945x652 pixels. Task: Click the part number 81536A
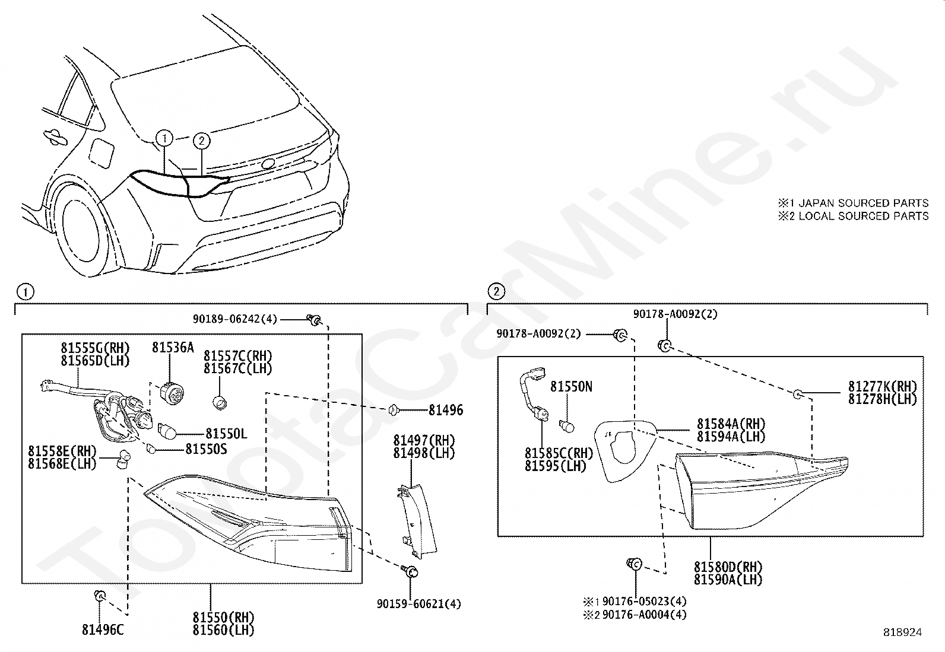pos(173,347)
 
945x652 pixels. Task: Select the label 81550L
pos(226,434)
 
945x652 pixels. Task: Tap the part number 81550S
pos(206,449)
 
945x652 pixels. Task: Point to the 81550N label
pos(571,387)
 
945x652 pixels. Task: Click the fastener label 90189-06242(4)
pos(234,319)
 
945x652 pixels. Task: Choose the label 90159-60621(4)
pos(418,604)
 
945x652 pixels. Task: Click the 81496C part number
pos(103,630)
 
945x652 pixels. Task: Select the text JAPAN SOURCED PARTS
pos(863,203)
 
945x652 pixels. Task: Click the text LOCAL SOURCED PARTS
pos(863,216)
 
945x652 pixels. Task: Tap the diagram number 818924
pos(902,632)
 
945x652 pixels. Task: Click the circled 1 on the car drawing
pos(164,139)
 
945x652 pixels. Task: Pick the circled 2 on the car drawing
pos(202,141)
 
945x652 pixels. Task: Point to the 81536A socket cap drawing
pos(172,392)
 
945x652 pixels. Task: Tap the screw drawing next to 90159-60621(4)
pos(410,572)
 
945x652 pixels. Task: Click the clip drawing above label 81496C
pos(100,595)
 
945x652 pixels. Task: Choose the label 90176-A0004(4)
pos(643,615)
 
